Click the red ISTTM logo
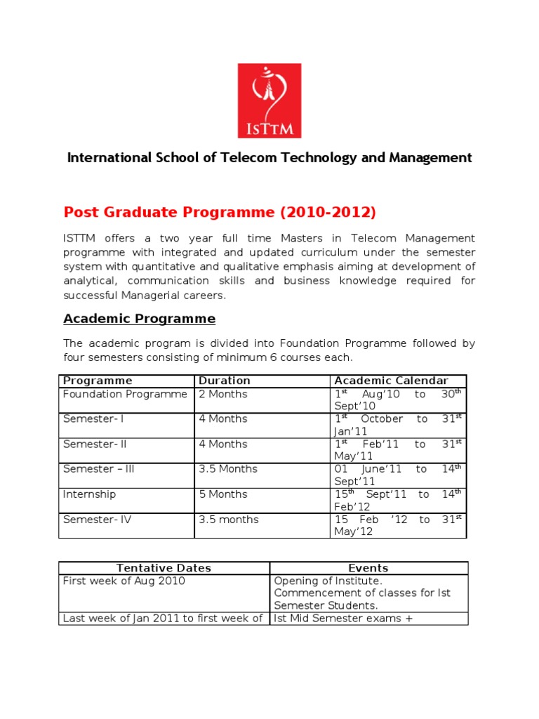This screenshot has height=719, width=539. [x=269, y=100]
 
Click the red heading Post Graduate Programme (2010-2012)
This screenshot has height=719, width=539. [x=220, y=212]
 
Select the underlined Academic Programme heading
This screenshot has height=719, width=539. [x=139, y=319]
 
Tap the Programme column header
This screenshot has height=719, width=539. [x=98, y=381]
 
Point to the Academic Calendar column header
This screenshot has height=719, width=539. [x=391, y=381]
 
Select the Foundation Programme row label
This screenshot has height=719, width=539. [x=125, y=394]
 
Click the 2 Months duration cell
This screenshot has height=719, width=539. [x=222, y=394]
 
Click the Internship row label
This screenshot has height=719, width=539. [x=89, y=494]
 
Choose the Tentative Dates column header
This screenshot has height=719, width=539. [x=164, y=568]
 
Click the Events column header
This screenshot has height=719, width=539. [x=368, y=568]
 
